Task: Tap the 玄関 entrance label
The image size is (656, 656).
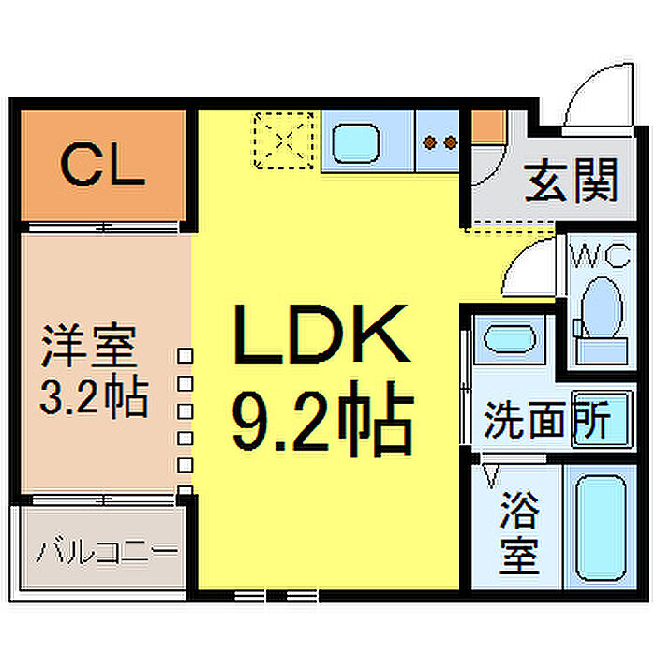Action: pos(571,181)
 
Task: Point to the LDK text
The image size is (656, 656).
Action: pos(321,335)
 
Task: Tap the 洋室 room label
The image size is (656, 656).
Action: pos(89,347)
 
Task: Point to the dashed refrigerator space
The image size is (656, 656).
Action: pos(285,141)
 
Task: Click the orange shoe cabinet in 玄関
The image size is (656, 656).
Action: pos(488,127)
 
